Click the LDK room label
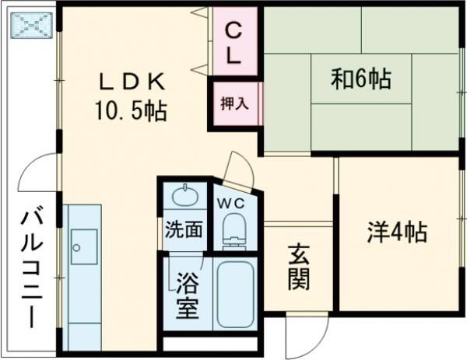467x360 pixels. [131, 81]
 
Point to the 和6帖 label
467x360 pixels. [360, 78]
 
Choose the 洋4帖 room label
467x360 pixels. [396, 231]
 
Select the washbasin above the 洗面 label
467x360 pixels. [186, 194]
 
